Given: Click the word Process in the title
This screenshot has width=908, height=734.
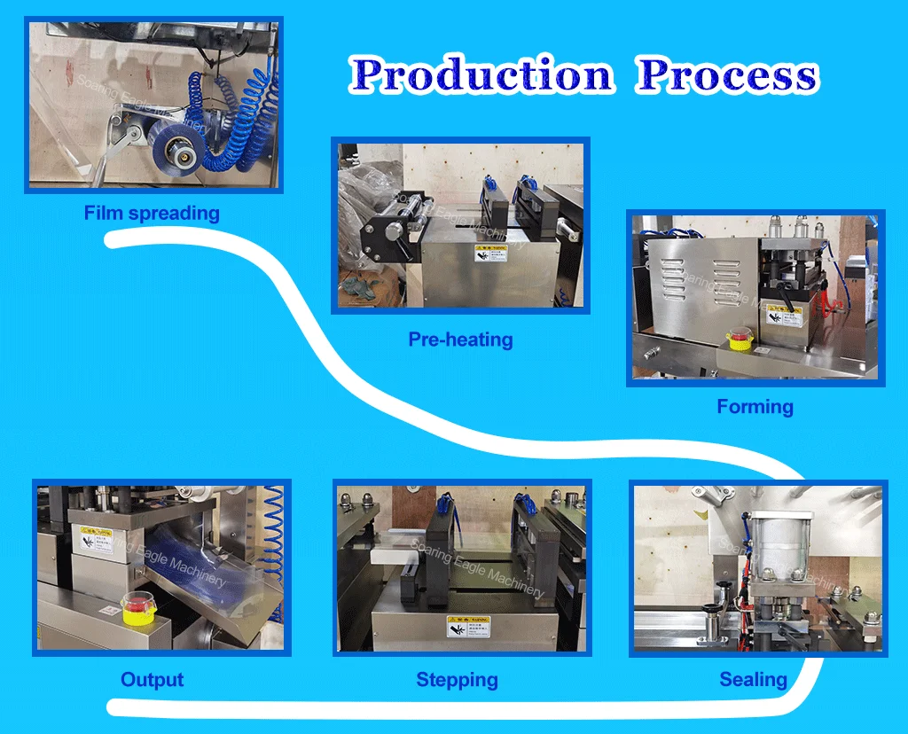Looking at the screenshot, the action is [x=727, y=75].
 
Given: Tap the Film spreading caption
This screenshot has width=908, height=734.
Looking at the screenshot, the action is [x=152, y=213].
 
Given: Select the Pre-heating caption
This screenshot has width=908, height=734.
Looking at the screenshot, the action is [x=460, y=339].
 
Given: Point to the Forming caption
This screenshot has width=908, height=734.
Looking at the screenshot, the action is [x=755, y=407].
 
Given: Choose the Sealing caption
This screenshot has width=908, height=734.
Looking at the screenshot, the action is [x=753, y=680].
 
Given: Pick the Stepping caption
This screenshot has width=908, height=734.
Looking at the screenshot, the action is [x=457, y=680].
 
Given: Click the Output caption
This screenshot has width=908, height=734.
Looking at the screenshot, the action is [x=153, y=680].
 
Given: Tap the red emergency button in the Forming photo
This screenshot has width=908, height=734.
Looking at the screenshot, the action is [x=739, y=340].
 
